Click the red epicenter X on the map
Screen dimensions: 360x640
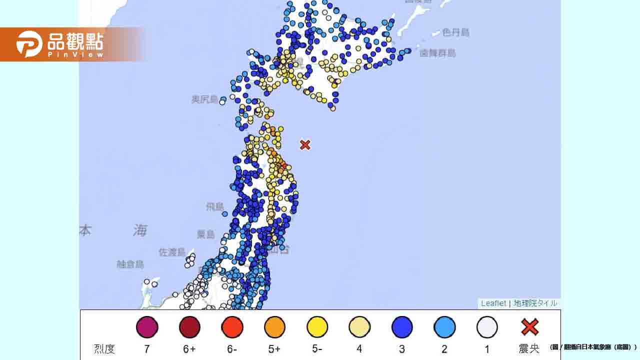305,145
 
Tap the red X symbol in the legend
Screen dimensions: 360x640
529,327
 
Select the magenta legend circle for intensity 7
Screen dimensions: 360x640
147,327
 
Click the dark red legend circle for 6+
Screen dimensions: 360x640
189,327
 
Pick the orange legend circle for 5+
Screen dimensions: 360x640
274,327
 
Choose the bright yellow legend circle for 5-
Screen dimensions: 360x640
317,327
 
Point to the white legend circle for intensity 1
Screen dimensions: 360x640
487,327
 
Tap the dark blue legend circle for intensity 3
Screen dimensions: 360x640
402,327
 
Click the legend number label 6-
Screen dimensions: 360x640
231,349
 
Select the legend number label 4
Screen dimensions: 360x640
359,349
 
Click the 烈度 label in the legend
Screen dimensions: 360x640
104,349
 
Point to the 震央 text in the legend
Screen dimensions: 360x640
529,349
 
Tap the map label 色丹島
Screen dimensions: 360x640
456,32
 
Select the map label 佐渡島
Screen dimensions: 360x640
172,252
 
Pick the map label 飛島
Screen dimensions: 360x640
216,206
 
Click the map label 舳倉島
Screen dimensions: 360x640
130,264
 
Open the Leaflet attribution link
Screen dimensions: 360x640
493,303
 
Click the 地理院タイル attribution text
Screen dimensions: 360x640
535,303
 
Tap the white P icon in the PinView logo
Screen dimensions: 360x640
28,44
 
